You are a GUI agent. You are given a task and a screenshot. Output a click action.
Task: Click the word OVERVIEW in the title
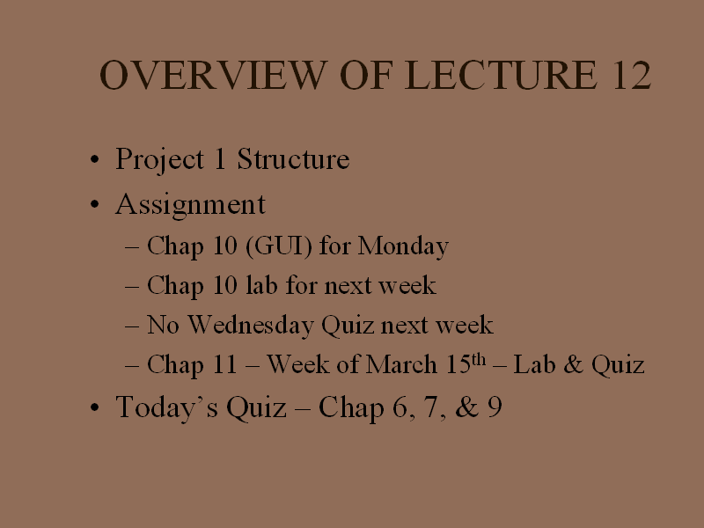tap(213, 75)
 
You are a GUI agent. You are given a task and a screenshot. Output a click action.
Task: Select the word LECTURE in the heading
tap(501, 75)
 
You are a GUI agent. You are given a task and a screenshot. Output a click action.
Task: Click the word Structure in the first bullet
tap(293, 159)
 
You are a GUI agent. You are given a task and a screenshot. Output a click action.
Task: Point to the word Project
tap(160, 160)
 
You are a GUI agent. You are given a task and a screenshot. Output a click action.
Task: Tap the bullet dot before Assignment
tap(94, 205)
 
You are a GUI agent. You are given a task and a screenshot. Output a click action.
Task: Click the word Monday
tap(403, 247)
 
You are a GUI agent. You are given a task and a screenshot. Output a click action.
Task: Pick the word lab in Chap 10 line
tap(261, 284)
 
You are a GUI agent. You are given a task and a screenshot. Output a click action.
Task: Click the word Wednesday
tap(251, 325)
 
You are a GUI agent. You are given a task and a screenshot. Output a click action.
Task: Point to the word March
tap(401, 363)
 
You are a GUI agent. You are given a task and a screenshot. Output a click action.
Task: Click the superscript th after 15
tap(478, 360)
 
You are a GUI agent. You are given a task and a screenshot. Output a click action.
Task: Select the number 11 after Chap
tap(224, 363)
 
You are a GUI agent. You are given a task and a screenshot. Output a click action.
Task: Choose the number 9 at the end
tap(495, 407)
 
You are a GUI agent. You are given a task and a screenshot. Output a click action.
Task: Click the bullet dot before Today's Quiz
tap(94, 407)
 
